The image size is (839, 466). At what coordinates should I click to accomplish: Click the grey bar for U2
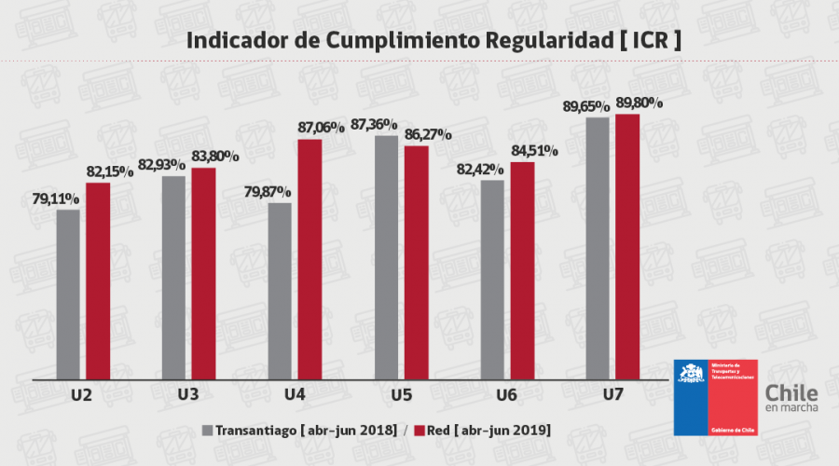click(x=68, y=295)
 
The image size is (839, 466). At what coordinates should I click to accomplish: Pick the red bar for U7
click(x=627, y=247)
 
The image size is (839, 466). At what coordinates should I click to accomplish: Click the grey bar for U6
click(x=493, y=280)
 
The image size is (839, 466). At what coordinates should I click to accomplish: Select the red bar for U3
click(x=203, y=274)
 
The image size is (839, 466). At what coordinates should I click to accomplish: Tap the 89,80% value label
click(x=639, y=103)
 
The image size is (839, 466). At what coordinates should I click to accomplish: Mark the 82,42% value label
click(x=481, y=170)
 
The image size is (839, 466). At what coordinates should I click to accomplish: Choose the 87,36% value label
click(x=375, y=124)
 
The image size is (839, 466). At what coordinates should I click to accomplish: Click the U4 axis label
click(x=295, y=395)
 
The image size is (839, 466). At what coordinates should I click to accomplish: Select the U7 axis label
click(x=612, y=395)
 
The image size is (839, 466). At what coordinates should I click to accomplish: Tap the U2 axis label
click(x=81, y=395)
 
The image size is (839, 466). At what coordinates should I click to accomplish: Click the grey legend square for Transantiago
click(x=207, y=430)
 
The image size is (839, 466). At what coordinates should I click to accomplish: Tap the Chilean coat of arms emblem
click(x=691, y=375)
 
